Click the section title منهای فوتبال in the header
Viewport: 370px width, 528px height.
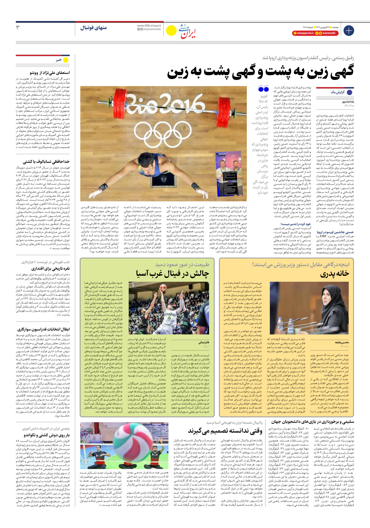(93, 28)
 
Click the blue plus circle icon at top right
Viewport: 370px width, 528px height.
(349, 30)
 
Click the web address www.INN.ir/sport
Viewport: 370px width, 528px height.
(149, 26)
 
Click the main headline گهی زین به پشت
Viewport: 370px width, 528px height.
(260, 72)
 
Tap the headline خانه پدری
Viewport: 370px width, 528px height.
(334, 274)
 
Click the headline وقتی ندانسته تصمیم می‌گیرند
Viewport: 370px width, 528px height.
(225, 431)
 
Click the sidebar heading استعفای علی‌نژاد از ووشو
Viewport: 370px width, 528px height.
(49, 72)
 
